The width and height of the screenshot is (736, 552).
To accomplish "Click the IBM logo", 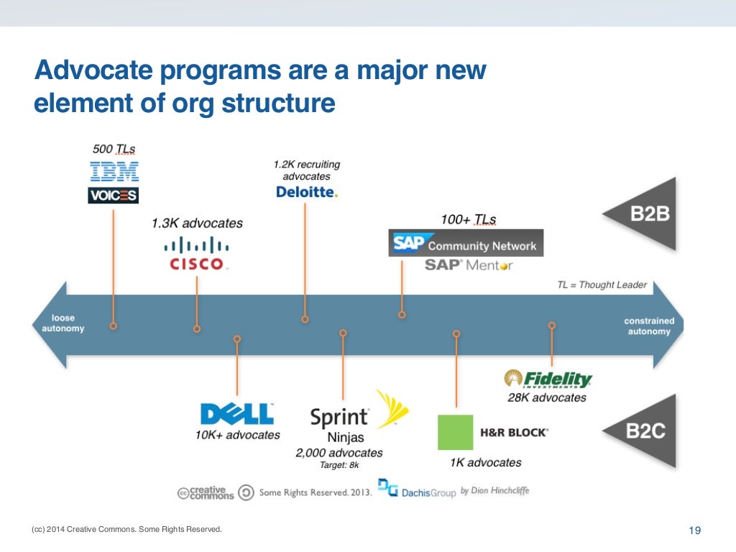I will coord(114,171).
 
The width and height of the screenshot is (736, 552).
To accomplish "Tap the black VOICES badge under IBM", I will coord(114,195).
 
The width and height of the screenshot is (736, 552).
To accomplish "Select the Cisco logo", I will coord(197,253).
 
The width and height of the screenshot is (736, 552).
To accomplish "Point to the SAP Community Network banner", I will coord(466,244).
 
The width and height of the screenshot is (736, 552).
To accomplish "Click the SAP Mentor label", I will coord(469,265).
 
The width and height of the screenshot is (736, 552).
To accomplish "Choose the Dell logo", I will coord(237,414).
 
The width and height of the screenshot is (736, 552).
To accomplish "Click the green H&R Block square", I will coord(456,432).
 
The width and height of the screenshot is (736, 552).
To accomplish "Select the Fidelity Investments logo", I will coord(548,379).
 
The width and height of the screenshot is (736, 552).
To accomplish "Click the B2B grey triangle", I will coord(644,214).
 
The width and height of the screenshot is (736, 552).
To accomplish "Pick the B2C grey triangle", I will coord(644,431).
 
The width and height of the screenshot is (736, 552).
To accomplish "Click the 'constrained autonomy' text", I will coord(648,326).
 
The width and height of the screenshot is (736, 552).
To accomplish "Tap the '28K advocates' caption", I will coord(548,397).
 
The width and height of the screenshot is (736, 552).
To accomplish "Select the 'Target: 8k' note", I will coord(339,465).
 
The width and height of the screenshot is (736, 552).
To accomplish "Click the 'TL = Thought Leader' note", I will coord(602,285).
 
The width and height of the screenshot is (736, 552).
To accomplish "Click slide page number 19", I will coord(694,531).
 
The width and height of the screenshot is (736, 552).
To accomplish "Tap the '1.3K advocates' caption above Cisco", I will coord(197,224).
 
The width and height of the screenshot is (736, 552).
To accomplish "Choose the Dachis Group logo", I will coord(417,490).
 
